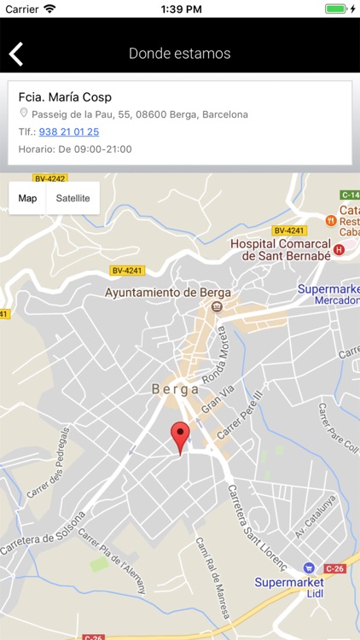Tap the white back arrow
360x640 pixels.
click(16, 54)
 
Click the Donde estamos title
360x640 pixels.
click(179, 53)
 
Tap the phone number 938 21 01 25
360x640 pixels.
click(68, 131)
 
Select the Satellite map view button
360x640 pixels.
click(73, 198)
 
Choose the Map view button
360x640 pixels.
click(27, 198)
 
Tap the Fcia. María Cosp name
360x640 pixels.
click(65, 97)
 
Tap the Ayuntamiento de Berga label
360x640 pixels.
click(161, 292)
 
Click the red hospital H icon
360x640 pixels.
click(339, 249)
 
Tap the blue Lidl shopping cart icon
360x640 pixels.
click(309, 567)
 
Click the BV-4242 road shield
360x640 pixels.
click(49, 178)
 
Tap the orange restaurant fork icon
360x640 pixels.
click(330, 220)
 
